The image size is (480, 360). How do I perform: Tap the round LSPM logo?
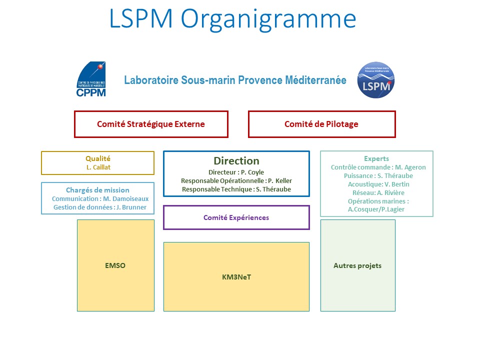click(376, 79)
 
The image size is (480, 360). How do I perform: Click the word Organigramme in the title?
click(268, 18)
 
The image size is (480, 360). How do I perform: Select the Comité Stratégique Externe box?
click(151, 124)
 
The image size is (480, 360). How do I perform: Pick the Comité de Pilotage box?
click(321, 124)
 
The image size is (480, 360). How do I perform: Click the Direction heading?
click(236, 161)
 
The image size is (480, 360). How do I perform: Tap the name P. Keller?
click(279, 181)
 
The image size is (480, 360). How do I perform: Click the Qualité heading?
click(98, 158)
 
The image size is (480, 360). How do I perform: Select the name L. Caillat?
click(98, 167)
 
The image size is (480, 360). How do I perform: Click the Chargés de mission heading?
click(97, 190)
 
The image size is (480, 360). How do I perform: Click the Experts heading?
click(376, 158)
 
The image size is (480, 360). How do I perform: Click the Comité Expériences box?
click(236, 217)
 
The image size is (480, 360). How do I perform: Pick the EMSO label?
click(115, 265)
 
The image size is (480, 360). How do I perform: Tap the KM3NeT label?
click(236, 276)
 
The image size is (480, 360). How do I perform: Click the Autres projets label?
click(357, 265)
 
